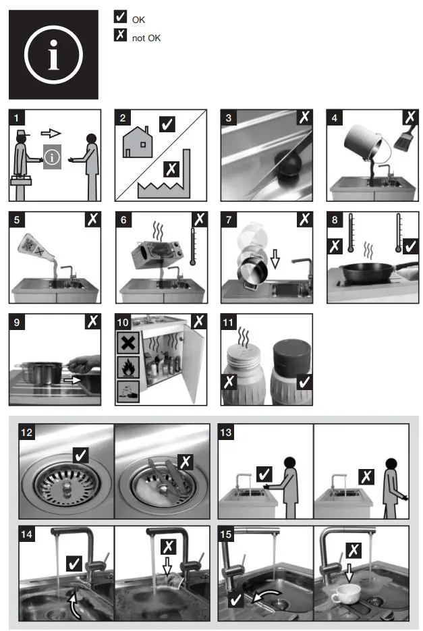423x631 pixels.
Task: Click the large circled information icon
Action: pos(53,55)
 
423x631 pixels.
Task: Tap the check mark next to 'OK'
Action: pos(121,18)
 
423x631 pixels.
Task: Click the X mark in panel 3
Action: pos(304,118)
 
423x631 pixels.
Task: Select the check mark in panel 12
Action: pos(81,456)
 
